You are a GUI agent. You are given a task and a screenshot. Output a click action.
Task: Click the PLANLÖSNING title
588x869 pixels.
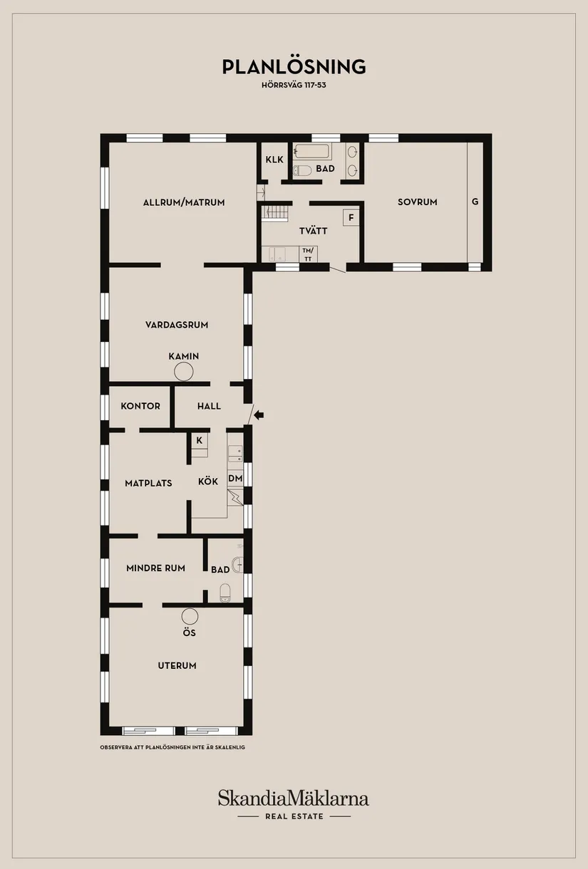click(x=294, y=66)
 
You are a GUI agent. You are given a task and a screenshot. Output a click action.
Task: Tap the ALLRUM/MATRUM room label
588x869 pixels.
click(x=184, y=202)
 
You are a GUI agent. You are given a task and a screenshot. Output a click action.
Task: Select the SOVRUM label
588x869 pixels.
click(x=417, y=202)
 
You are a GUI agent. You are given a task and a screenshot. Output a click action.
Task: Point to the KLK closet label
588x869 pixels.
click(x=274, y=160)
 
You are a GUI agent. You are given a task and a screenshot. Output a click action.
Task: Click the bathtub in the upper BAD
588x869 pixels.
click(x=313, y=151)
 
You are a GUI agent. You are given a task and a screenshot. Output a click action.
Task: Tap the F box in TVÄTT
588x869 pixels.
click(x=351, y=218)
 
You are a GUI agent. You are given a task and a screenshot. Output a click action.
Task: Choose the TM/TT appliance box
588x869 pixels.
click(x=308, y=254)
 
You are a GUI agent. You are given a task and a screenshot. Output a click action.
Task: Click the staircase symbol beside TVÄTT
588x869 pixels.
click(x=275, y=213)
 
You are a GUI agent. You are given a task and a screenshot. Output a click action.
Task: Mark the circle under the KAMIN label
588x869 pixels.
click(x=184, y=372)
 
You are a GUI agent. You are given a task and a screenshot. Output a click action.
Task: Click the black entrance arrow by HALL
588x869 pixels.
click(x=259, y=415)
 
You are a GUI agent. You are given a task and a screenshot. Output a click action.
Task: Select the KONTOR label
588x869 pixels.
click(x=140, y=406)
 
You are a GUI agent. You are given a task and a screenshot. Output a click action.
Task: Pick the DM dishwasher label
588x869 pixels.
click(x=235, y=479)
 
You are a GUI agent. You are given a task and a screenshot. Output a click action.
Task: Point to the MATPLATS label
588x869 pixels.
click(x=148, y=483)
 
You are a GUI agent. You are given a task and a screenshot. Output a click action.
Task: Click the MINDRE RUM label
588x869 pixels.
click(x=155, y=568)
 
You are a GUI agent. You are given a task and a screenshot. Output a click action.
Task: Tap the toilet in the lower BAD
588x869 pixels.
click(x=225, y=593)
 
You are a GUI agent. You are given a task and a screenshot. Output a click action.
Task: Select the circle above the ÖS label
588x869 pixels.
click(x=190, y=616)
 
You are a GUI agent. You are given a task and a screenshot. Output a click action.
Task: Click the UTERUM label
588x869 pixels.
click(x=177, y=665)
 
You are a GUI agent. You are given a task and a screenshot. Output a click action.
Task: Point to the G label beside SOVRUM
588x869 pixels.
click(x=475, y=202)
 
